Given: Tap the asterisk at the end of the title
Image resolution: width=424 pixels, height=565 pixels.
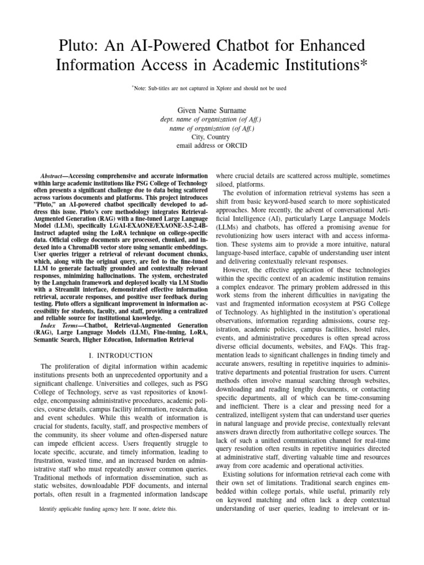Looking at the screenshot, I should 363,65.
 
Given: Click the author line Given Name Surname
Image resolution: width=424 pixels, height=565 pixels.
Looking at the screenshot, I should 211,110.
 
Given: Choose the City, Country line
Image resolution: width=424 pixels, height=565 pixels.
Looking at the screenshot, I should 211,137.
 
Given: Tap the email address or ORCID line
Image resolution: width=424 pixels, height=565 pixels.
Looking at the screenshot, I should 211,146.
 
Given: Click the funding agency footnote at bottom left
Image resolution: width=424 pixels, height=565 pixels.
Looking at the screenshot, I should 108,509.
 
